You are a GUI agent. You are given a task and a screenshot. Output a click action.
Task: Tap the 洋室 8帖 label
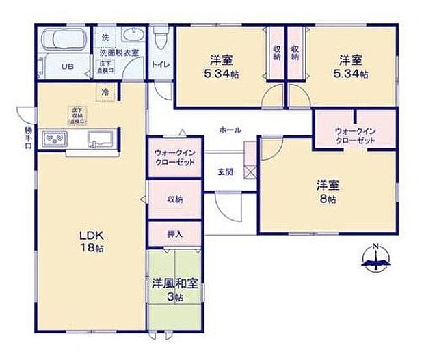click(326, 191)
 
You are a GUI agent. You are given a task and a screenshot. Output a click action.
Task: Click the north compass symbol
click(375, 258)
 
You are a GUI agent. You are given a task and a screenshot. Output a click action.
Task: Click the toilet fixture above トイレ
click(160, 40)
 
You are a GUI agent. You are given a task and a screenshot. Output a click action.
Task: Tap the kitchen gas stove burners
click(55, 139)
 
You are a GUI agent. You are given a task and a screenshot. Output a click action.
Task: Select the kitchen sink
click(101, 139)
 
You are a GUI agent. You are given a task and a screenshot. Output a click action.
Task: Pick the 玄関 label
click(226, 171)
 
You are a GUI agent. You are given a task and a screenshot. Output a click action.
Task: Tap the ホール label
click(230, 129)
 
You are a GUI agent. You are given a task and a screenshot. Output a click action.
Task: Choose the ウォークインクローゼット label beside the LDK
click(174, 157)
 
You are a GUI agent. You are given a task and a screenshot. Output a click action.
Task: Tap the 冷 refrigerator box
click(105, 92)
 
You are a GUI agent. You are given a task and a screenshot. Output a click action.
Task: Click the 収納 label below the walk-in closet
click(174, 199)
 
